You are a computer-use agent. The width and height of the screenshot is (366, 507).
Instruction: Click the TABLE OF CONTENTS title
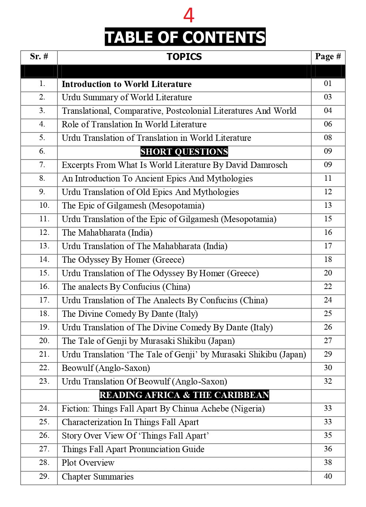pyautogui.click(x=185, y=37)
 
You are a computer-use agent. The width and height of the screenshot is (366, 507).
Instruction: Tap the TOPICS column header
pyautogui.click(x=184, y=57)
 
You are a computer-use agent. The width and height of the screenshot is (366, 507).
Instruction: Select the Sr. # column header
pyautogui.click(x=39, y=56)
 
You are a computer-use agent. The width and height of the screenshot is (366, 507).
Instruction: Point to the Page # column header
pyautogui.click(x=328, y=56)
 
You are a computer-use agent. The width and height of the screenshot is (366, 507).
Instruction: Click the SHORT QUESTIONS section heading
pyautogui.click(x=184, y=151)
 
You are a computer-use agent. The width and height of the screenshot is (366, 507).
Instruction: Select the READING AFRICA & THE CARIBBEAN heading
pyautogui.click(x=184, y=395)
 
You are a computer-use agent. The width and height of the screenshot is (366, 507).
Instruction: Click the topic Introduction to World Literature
pyautogui.click(x=127, y=84)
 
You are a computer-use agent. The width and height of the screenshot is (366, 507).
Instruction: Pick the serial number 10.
pyautogui.click(x=44, y=205)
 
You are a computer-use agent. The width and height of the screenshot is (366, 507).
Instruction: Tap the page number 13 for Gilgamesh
pyautogui.click(x=328, y=205)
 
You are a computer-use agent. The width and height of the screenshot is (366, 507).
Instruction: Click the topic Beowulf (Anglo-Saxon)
pyautogui.click(x=106, y=368)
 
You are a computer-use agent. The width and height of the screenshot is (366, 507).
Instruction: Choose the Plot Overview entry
pyautogui.click(x=88, y=463)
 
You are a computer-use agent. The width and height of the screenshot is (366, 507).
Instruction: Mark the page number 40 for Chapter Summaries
pyautogui.click(x=328, y=476)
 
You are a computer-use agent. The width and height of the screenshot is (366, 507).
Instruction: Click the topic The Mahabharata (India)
pyautogui.click(x=107, y=233)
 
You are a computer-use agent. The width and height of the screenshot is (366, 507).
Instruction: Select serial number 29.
pyautogui.click(x=44, y=476)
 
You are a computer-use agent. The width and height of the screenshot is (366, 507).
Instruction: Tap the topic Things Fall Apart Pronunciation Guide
pyautogui.click(x=133, y=449)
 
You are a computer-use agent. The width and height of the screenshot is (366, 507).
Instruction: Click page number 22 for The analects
pyautogui.click(x=328, y=286)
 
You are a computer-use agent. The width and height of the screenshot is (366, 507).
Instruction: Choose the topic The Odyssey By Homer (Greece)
pyautogui.click(x=123, y=260)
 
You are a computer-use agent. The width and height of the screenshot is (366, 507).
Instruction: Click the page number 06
pyautogui.click(x=328, y=124)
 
